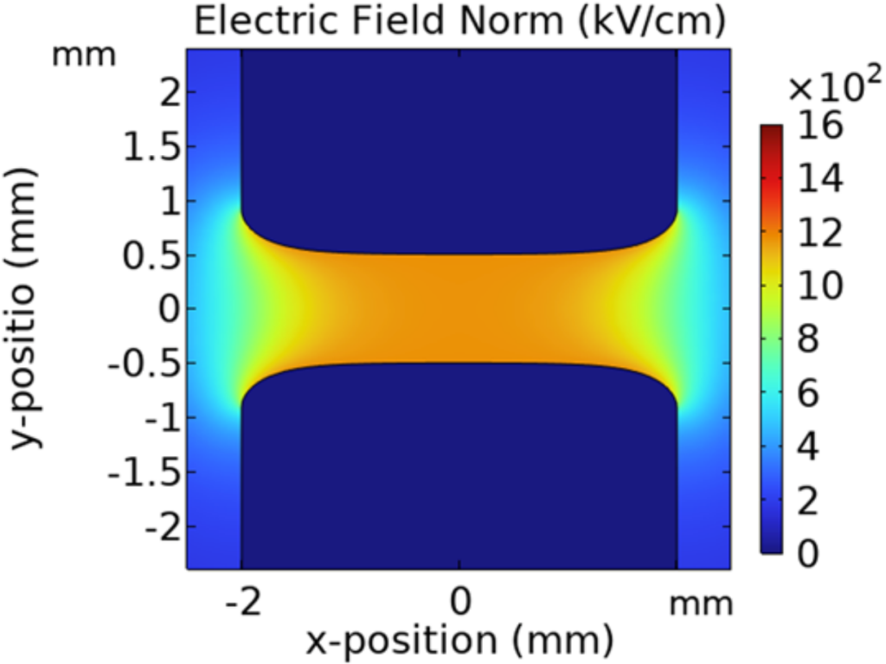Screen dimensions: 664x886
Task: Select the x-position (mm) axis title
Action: [459, 641]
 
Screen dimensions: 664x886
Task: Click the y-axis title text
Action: [29, 308]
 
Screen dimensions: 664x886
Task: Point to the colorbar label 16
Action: [819, 126]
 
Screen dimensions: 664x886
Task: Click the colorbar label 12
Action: [819, 233]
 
